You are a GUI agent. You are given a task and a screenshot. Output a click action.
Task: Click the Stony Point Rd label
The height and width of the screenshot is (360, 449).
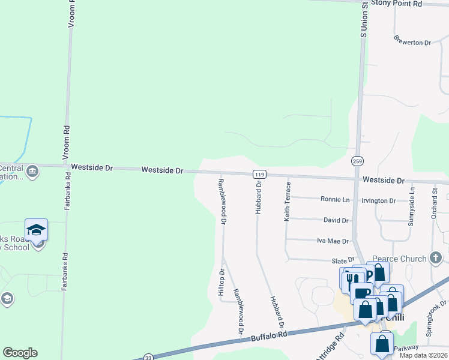[x=397, y=4]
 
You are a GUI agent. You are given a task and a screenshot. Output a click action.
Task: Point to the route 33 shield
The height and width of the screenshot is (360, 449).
[x=148, y=358]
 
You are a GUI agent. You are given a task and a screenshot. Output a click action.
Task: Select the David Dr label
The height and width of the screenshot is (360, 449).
[x=336, y=221]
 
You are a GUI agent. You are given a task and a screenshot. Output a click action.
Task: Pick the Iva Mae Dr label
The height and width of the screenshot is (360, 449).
[x=333, y=241]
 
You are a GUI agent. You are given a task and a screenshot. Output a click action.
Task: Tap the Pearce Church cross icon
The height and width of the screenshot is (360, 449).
[x=436, y=258]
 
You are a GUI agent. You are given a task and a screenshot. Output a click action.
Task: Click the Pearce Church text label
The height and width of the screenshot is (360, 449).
[x=399, y=259]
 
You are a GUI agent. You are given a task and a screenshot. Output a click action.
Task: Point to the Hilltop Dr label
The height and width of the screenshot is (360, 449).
[x=221, y=281]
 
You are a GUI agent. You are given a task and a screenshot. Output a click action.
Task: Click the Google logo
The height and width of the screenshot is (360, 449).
[x=20, y=353]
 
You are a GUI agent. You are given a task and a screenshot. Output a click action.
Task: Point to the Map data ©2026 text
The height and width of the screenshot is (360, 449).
[x=423, y=355]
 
